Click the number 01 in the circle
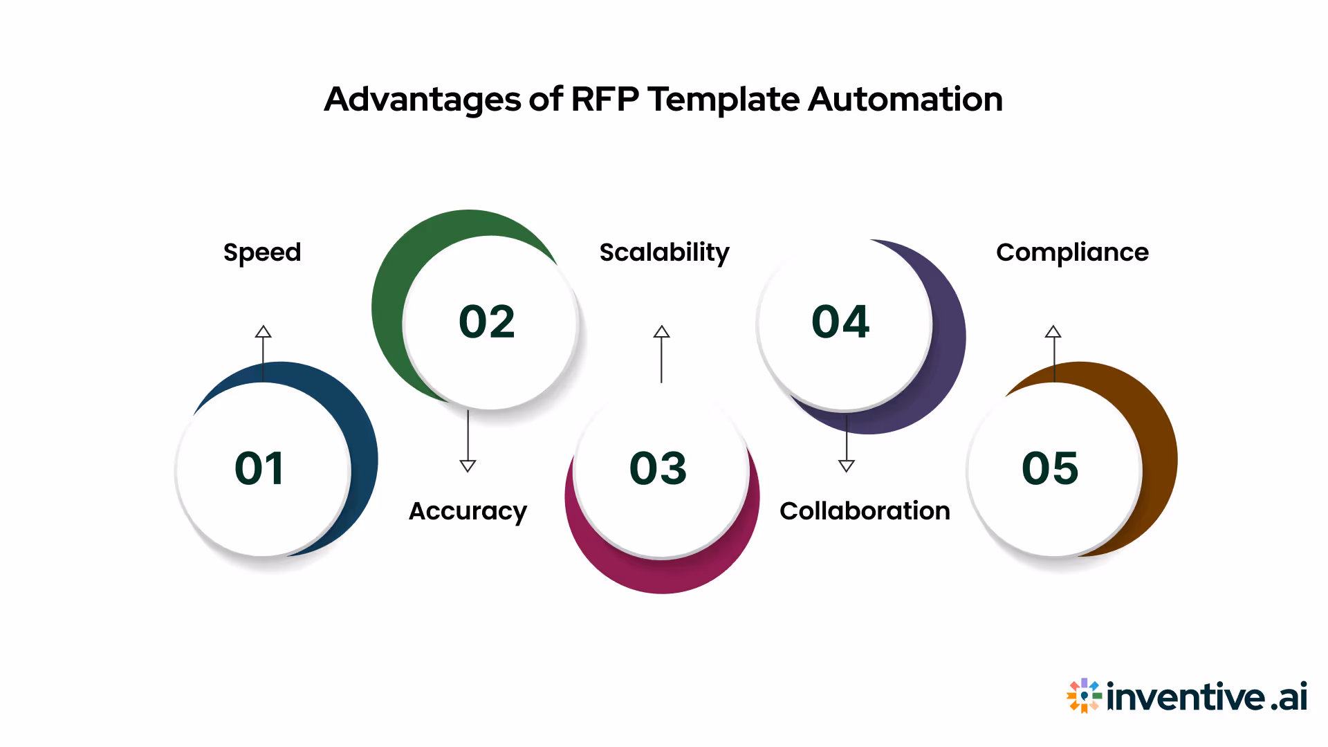coord(259,468)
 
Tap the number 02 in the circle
coord(487,322)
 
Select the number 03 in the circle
coord(658,468)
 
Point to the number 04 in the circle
coord(840,322)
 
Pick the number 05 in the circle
coord(1050,468)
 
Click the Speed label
coord(262,252)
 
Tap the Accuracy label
coord(468,511)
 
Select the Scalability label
coord(664,252)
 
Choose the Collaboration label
coord(865,511)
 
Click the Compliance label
coord(1072,252)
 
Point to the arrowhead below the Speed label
coord(263,332)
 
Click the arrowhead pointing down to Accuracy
coord(468,465)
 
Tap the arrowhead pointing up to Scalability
coord(661,332)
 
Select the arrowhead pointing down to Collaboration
coord(846,465)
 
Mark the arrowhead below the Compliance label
coord(1053,332)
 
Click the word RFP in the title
coord(605,99)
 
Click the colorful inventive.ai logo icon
coord(1083,696)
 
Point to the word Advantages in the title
coord(422,99)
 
